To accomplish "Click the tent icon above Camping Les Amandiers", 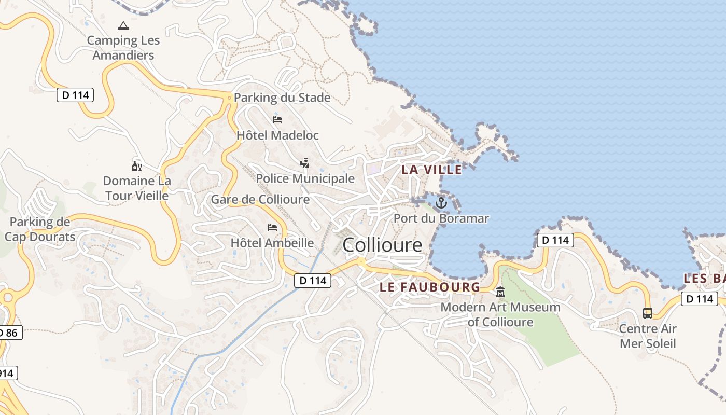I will click(x=123, y=25).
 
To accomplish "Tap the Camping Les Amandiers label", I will click(x=123, y=48).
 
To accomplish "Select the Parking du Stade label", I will click(x=282, y=98).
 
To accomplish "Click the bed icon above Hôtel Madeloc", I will click(x=277, y=120).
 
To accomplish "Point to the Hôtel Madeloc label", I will click(x=277, y=135).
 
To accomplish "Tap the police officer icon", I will click(x=305, y=163).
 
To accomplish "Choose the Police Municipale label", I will click(x=305, y=178).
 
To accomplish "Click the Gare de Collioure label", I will click(x=260, y=199).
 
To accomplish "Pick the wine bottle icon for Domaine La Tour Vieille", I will click(x=137, y=166).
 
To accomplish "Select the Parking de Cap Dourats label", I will click(x=40, y=230).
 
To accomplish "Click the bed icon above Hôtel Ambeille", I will click(x=272, y=227).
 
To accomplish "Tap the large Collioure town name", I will click(x=383, y=245).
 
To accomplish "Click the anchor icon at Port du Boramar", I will click(x=441, y=203).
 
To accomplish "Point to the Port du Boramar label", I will click(x=441, y=218).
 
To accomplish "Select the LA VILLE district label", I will click(x=431, y=170).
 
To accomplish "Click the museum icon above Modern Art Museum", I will click(x=500, y=292).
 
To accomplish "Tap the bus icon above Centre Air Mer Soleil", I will click(x=648, y=313).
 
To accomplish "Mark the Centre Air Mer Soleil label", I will click(x=648, y=336).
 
